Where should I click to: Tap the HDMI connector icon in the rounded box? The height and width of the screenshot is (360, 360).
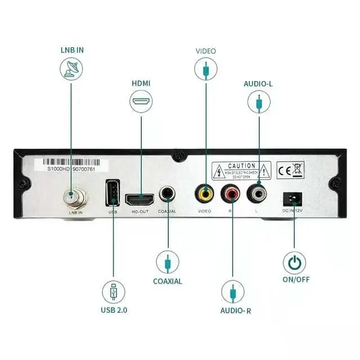(x=141, y=103)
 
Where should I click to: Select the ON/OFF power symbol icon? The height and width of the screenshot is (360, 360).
(x=294, y=263)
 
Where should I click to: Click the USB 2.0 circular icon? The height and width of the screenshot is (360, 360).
(x=114, y=292)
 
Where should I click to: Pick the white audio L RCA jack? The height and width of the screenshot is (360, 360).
(x=258, y=195)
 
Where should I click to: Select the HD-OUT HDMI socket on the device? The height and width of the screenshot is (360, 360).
(x=139, y=199)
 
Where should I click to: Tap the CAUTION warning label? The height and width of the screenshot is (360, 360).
(x=241, y=169)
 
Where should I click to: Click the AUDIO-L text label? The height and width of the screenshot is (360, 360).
(x=258, y=84)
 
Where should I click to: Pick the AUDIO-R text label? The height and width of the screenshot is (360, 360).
(x=232, y=310)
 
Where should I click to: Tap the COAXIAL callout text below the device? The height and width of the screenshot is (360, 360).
(x=168, y=281)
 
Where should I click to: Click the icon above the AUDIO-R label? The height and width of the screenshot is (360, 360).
(x=232, y=292)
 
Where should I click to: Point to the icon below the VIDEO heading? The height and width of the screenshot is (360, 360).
(x=206, y=69)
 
